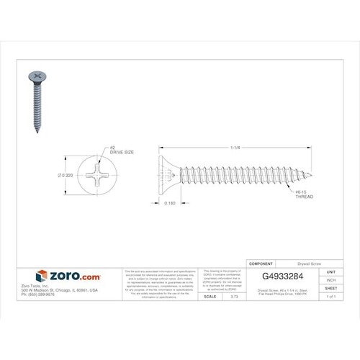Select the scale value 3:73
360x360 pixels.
point(235,296)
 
